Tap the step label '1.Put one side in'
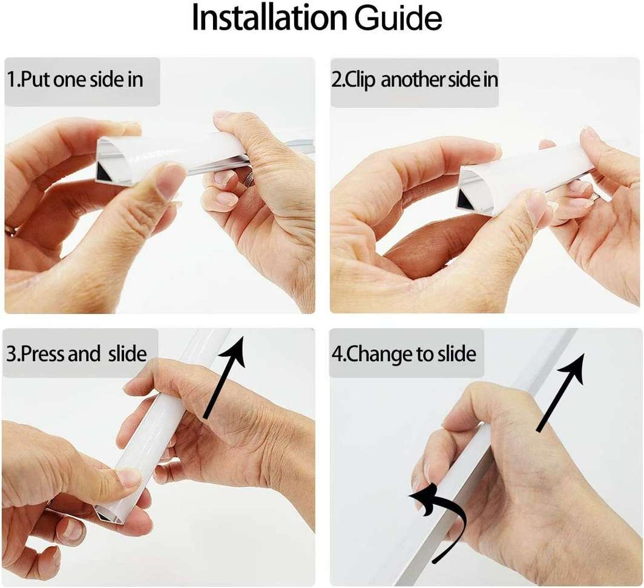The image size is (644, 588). click(75, 80)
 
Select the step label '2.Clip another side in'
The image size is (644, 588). click(414, 81)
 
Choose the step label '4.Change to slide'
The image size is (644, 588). click(404, 353)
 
